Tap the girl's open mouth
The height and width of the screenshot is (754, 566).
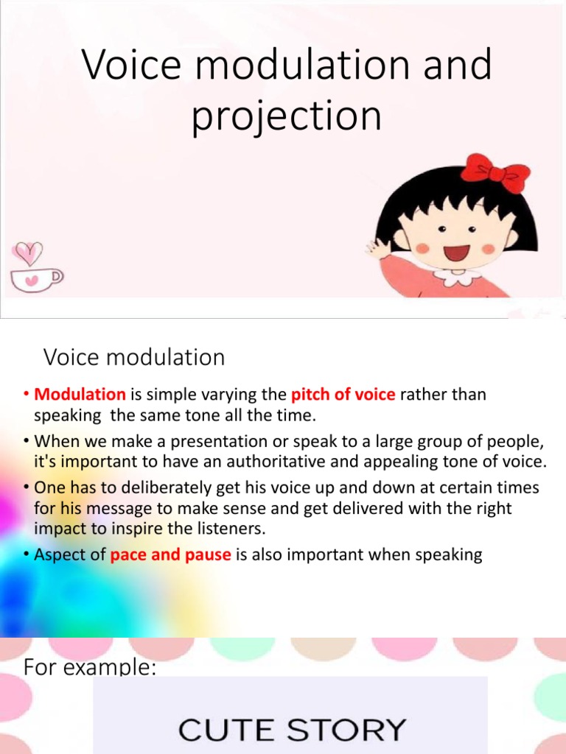point(456,253)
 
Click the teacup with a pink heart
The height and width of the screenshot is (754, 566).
point(35,278)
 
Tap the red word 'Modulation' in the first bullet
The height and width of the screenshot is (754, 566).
point(80,394)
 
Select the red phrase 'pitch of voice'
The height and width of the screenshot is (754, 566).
point(343,394)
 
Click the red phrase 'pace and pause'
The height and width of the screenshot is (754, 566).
point(170,554)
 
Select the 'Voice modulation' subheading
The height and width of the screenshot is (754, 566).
point(134,358)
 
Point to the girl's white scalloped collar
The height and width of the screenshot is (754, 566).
point(457,277)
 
